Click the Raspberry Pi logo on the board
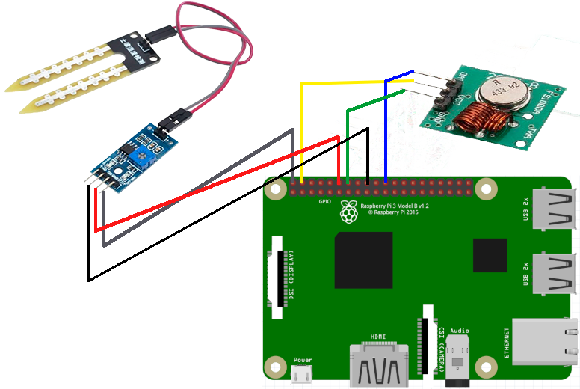(x=348, y=212)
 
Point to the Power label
(x=303, y=361)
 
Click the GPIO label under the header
(x=325, y=202)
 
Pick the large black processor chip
(x=364, y=260)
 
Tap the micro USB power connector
(x=303, y=376)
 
